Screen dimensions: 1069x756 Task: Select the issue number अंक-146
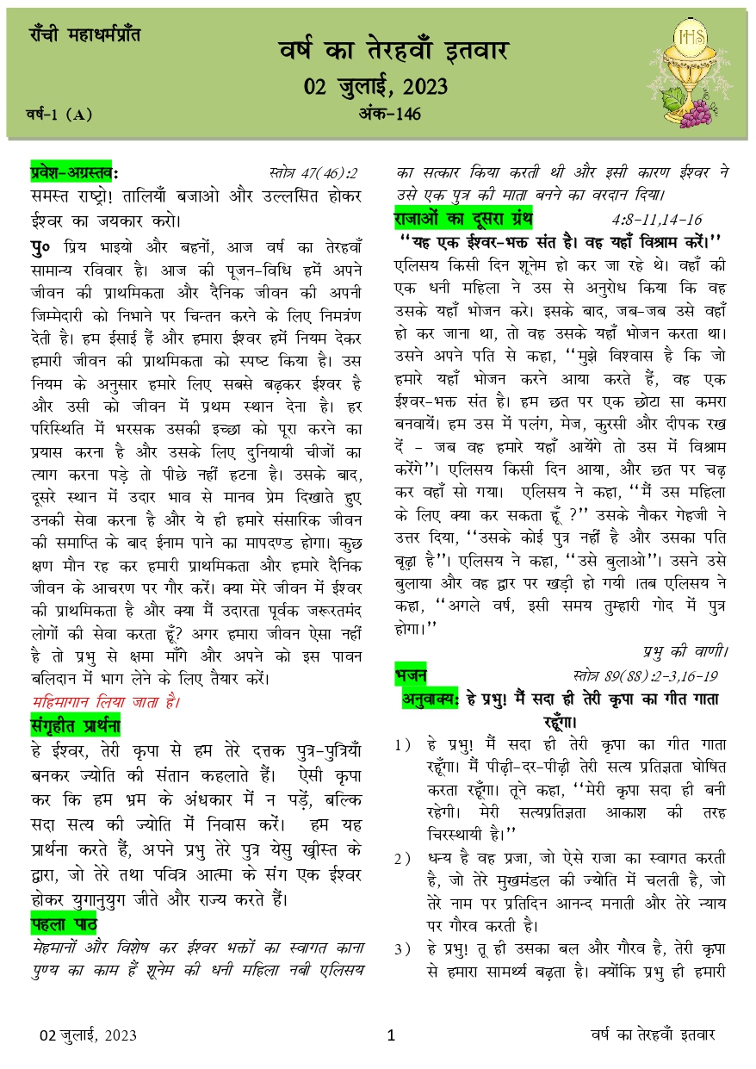(x=388, y=115)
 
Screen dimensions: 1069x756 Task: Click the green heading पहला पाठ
(x=63, y=925)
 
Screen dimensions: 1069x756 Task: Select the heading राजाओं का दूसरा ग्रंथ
(x=463, y=216)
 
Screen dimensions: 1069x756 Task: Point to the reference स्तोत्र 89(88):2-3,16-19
(x=644, y=673)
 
